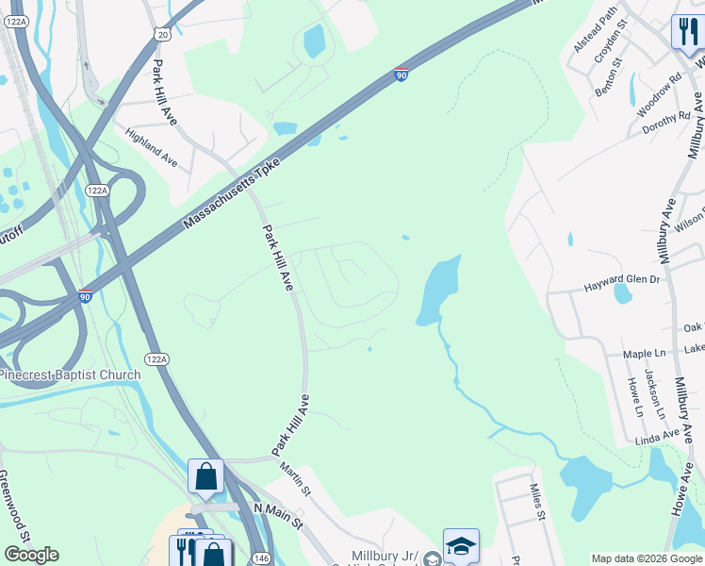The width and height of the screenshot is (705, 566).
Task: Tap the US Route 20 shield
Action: point(163,33)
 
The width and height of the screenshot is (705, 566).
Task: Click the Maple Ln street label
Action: point(645,354)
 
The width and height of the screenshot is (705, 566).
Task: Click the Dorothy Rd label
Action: point(666,123)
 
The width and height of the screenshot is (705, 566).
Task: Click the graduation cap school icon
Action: point(461,546)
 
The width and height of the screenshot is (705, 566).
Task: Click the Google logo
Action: point(31,555)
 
